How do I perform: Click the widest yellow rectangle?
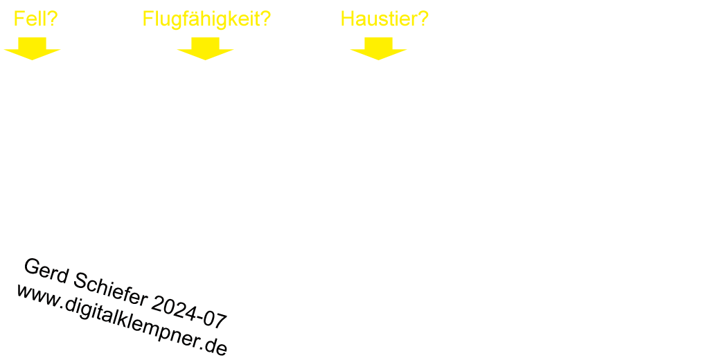pyautogui.click(x=206, y=20)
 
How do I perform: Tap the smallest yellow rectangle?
pyautogui.click(x=36, y=18)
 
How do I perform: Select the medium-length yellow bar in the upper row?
pyautogui.click(x=384, y=18)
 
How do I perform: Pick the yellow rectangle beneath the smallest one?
pyautogui.click(x=32, y=48)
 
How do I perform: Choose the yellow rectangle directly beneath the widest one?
pyautogui.click(x=205, y=48)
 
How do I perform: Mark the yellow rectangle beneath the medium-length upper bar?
pyautogui.click(x=378, y=48)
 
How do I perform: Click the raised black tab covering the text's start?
pyautogui.click(x=31, y=267)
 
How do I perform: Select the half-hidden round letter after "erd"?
pyautogui.click(x=80, y=275)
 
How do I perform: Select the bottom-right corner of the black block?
pyautogui.click(x=227, y=355)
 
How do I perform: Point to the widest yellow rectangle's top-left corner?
pyautogui.click(x=144, y=11)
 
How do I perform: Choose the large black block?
pyautogui.click(x=118, y=318)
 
